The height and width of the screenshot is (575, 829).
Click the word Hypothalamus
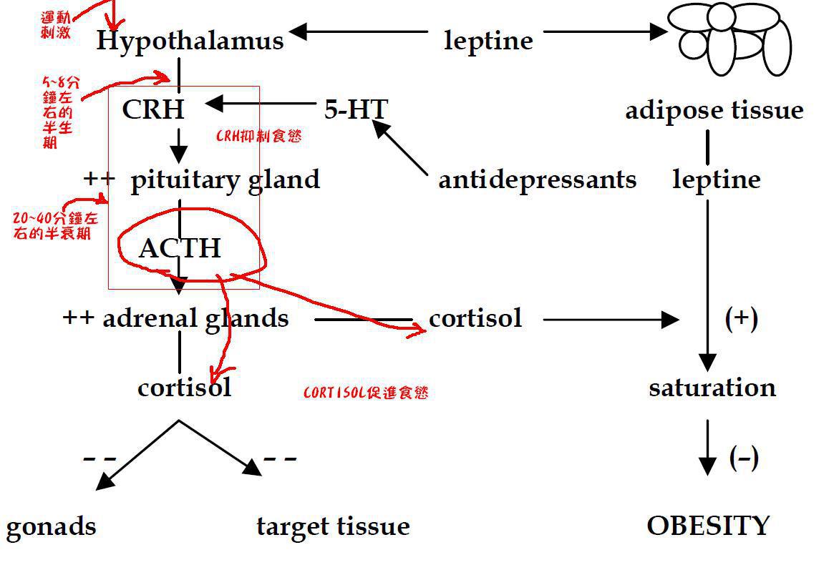tap(190, 41)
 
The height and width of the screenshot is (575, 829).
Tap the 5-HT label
tap(356, 109)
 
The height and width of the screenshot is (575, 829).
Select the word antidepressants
tap(537, 179)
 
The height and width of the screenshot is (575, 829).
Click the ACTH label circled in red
tap(180, 248)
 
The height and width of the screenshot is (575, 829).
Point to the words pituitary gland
tap(225, 180)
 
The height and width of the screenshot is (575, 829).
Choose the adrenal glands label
tap(195, 318)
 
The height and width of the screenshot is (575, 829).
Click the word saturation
tap(712, 387)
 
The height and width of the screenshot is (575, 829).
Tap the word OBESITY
tap(708, 526)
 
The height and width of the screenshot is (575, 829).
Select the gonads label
tap(51, 527)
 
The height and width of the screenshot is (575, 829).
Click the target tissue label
tap(333, 526)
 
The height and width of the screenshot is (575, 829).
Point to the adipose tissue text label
tap(714, 110)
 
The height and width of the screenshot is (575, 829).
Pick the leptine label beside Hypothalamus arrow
tap(488, 40)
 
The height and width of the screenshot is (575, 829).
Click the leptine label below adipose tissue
tap(716, 179)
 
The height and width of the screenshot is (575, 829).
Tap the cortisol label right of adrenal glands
tap(475, 318)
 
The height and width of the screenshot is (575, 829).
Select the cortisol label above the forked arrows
tap(184, 387)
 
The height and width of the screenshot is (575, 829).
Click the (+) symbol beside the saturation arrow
tap(741, 318)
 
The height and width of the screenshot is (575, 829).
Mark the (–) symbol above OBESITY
tap(744, 457)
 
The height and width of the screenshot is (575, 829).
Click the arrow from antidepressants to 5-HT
tap(401, 148)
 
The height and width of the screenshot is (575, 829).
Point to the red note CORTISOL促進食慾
tap(366, 393)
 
